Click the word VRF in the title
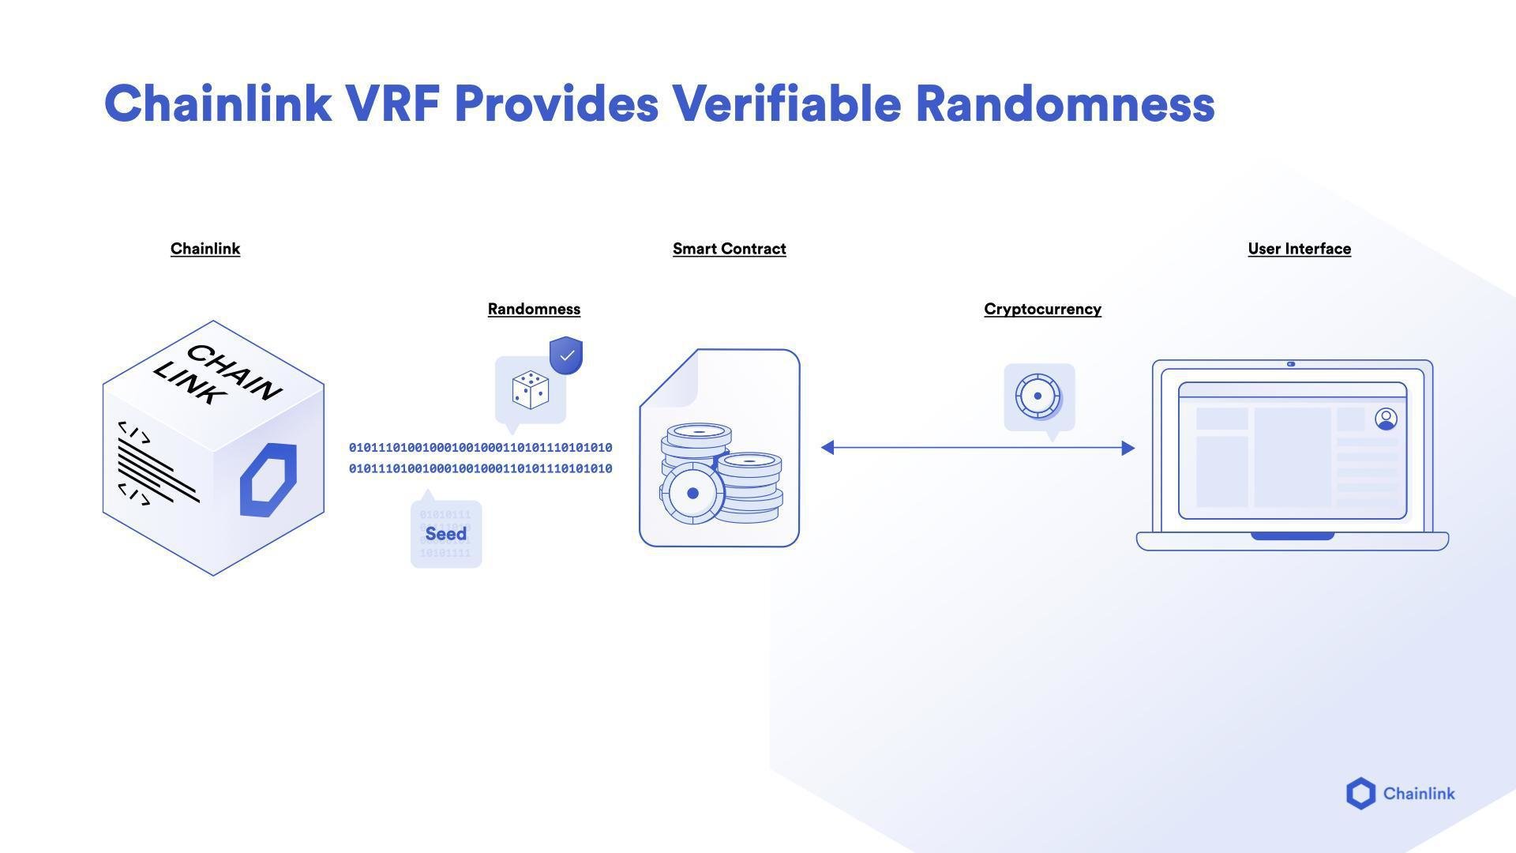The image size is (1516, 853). [x=392, y=104]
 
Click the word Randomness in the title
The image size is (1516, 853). [x=1064, y=104]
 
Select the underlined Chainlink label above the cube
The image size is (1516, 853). [x=205, y=249]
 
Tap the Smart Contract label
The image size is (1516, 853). [x=729, y=249]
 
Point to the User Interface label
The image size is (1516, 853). [x=1299, y=249]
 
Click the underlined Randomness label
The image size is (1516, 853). [x=534, y=309]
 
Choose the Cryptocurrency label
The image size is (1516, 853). [x=1042, y=309]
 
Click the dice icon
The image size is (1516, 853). [x=530, y=390]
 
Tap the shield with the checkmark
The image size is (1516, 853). [x=566, y=355]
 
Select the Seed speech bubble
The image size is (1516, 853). [x=446, y=534]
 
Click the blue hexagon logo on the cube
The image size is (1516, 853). [x=268, y=480]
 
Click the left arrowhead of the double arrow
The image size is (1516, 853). [x=827, y=448]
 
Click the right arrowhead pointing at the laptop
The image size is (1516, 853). [x=1128, y=448]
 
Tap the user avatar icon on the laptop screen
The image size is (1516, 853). [x=1386, y=419]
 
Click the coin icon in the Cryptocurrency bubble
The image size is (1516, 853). [x=1038, y=396]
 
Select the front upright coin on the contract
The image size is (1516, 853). [x=692, y=494]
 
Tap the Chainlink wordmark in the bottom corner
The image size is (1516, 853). [x=1418, y=794]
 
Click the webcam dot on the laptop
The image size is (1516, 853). [x=1291, y=364]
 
